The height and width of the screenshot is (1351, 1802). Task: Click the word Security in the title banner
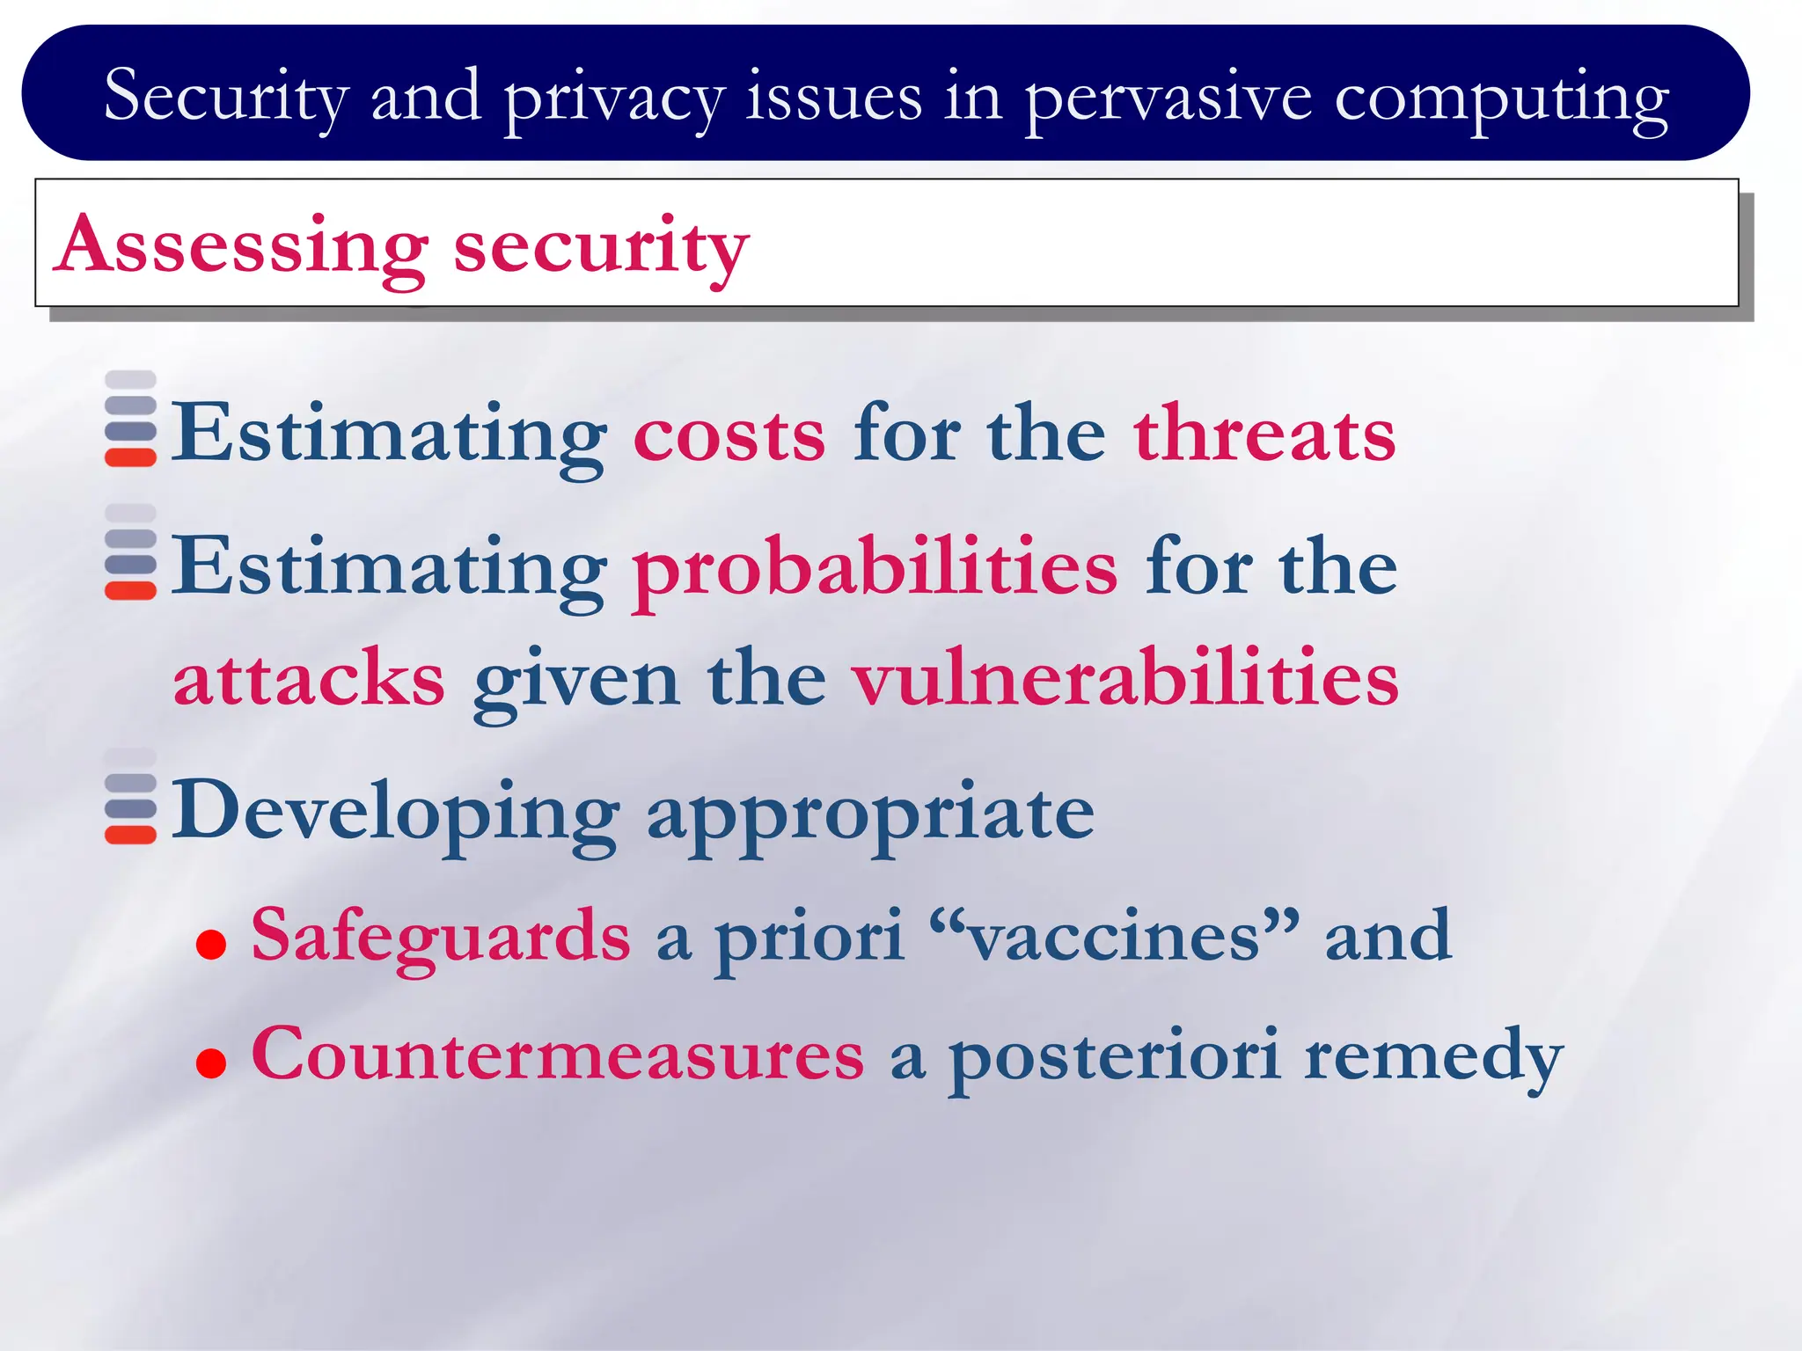point(226,97)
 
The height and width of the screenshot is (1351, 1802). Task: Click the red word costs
point(729,435)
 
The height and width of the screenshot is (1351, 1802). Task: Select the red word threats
point(1264,433)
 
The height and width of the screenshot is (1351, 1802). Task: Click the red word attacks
point(309,679)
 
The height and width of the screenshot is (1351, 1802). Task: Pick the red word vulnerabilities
point(1124,679)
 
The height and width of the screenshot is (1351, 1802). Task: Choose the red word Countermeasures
point(558,1055)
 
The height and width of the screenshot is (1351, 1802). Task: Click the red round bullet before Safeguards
point(211,946)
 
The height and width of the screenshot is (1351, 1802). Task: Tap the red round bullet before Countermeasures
point(211,1063)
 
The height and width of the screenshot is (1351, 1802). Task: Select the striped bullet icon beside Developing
point(130,797)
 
